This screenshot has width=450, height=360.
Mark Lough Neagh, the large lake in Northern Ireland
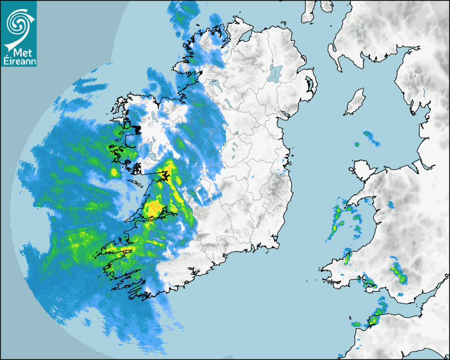[275, 73]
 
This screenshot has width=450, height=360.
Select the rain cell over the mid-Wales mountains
[398, 272]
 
